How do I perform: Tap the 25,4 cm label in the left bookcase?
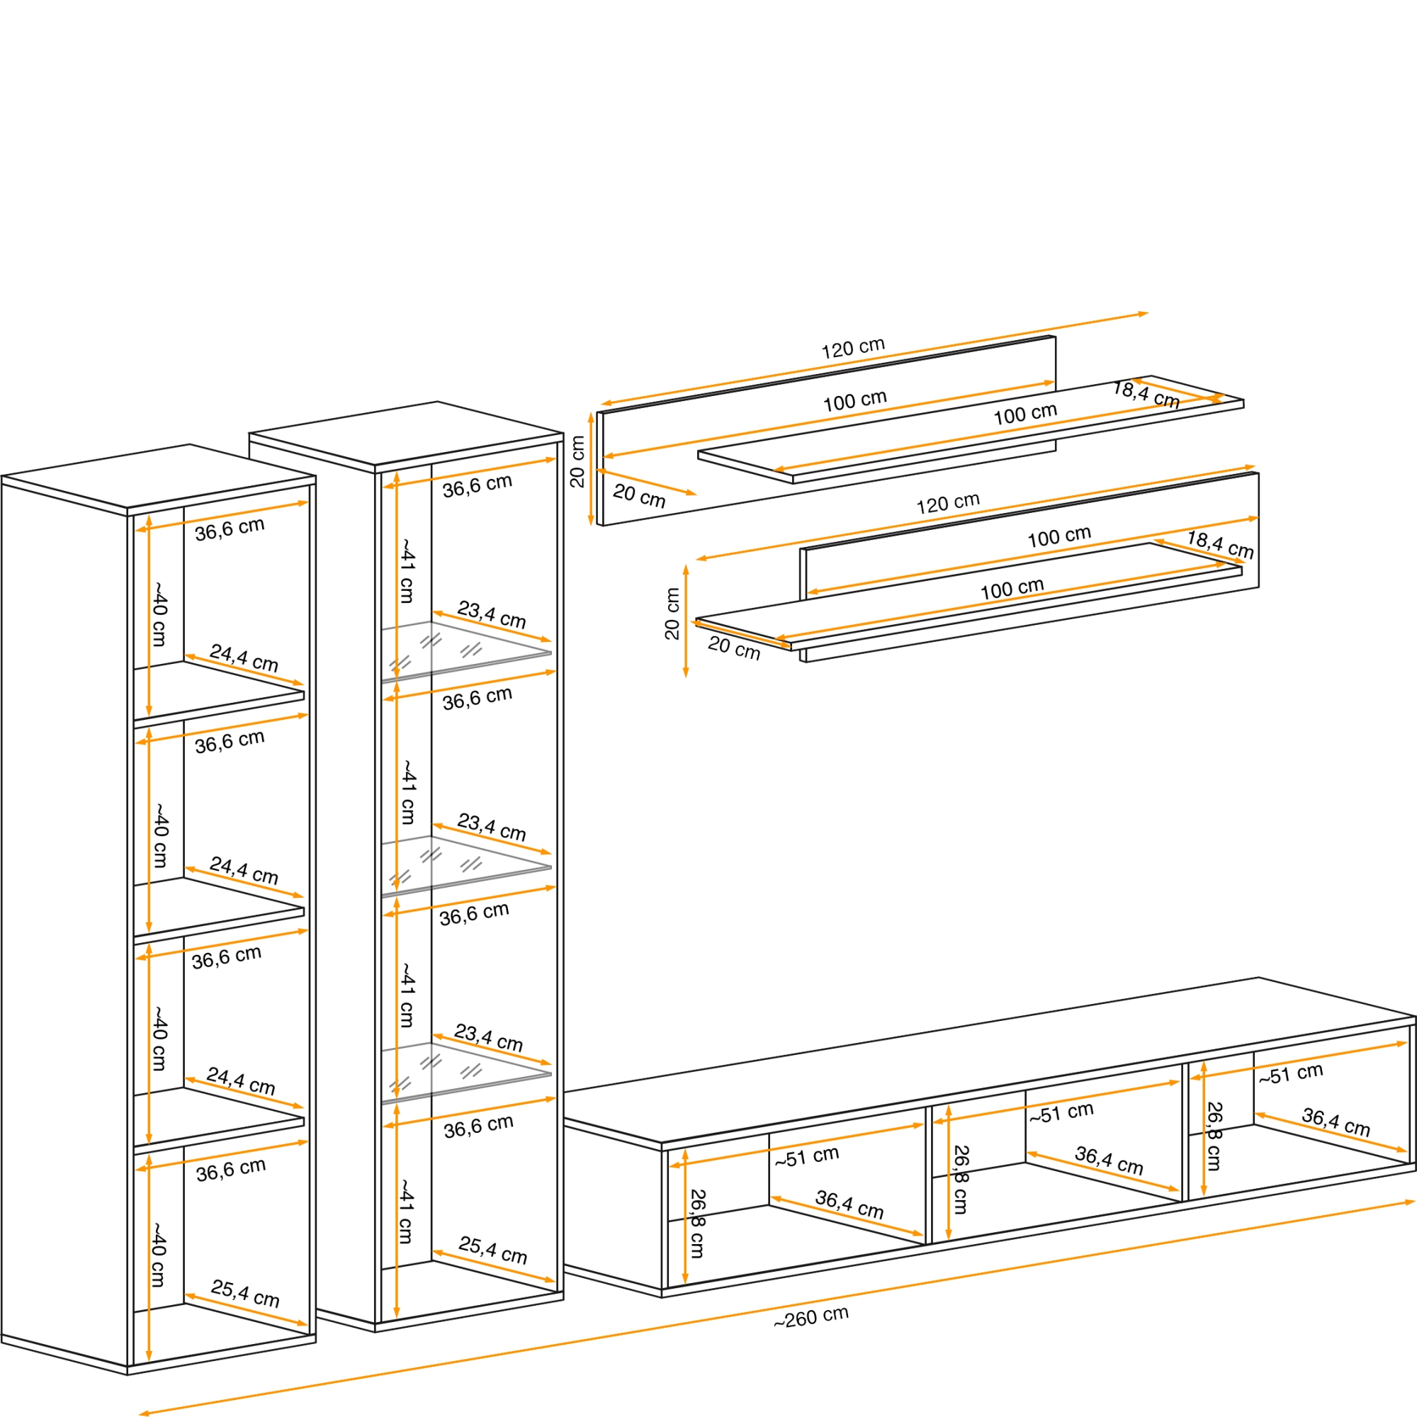tap(245, 1293)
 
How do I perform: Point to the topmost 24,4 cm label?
tap(244, 658)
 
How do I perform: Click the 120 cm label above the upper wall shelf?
tap(853, 349)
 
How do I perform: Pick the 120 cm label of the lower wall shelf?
tap(947, 503)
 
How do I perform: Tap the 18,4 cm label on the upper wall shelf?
tap(1146, 395)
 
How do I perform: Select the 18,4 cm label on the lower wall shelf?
tap(1220, 544)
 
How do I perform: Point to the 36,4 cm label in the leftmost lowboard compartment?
tap(849, 1204)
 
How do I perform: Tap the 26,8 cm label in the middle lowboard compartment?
tap(960, 1180)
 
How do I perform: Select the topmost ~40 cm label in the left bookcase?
tap(159, 614)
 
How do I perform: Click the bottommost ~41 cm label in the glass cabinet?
tap(405, 1211)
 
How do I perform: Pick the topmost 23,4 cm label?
tap(492, 614)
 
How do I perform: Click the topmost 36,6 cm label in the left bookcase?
tap(230, 529)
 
